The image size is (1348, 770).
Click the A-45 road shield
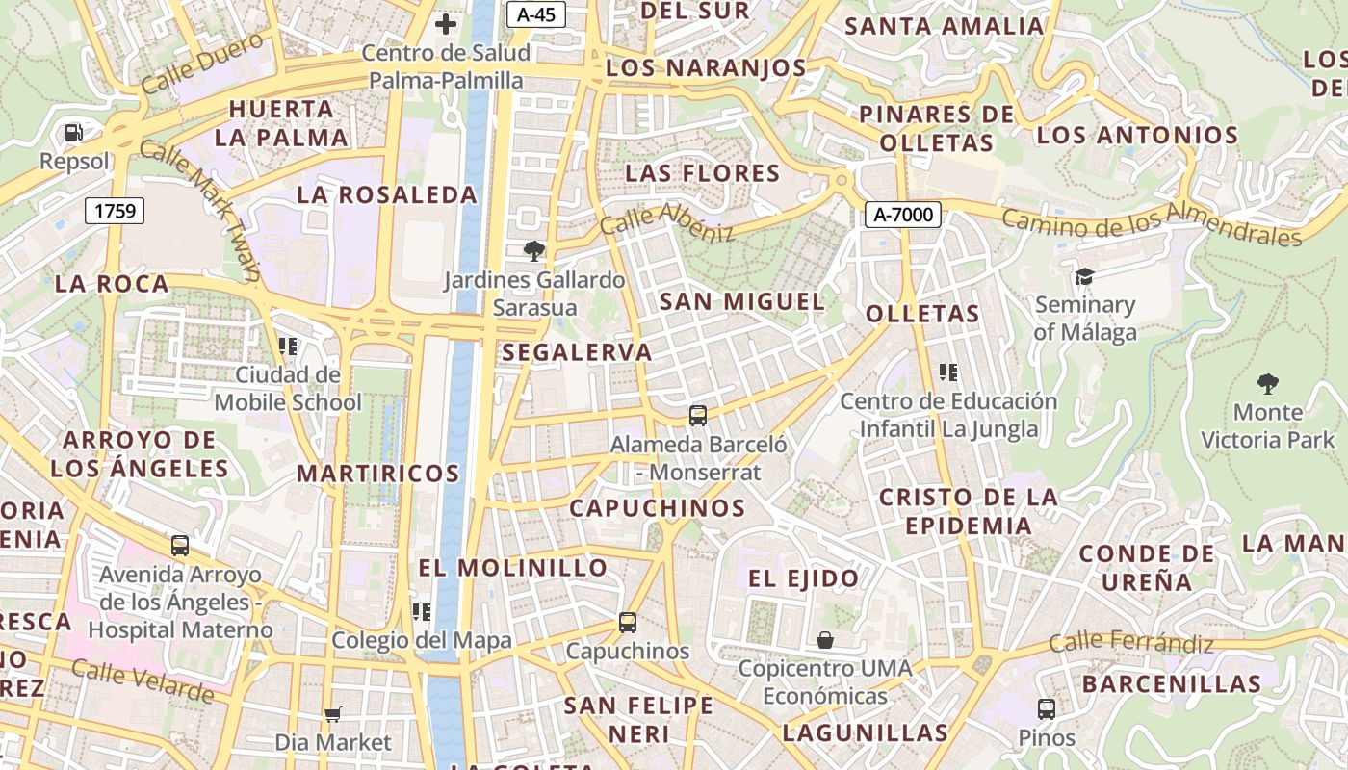tap(535, 13)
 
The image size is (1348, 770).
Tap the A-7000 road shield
tap(901, 214)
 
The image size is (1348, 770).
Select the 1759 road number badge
tap(115, 210)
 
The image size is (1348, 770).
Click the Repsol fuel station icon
tap(74, 133)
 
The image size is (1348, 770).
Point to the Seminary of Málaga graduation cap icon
tap(1085, 277)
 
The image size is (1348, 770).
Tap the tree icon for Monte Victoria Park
tap(1268, 384)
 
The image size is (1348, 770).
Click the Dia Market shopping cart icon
tap(333, 714)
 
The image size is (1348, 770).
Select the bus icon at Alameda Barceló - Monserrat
tap(698, 416)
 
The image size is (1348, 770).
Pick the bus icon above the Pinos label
tap(1047, 709)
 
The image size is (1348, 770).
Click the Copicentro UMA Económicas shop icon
tap(825, 640)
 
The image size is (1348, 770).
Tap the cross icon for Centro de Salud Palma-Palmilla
tap(446, 24)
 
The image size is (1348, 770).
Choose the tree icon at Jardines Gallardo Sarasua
tap(533, 252)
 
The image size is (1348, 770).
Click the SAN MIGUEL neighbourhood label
tap(741, 301)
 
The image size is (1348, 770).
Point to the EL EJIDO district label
tap(804, 578)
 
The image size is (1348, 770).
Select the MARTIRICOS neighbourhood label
tap(378, 474)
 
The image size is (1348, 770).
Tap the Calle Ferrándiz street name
tap(1131, 642)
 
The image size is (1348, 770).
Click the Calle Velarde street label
tap(143, 680)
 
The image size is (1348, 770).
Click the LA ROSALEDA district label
tap(387, 194)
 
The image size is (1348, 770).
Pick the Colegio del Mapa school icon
tap(422, 611)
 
